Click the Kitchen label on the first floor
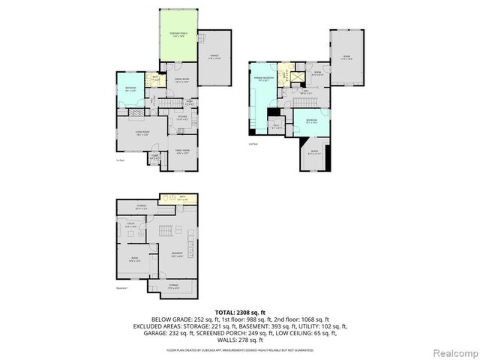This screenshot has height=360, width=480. pyautogui.click(x=181, y=118)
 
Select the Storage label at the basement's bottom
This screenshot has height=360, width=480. pyautogui.click(x=174, y=286)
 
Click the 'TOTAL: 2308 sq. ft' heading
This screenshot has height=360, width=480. pyautogui.click(x=240, y=312)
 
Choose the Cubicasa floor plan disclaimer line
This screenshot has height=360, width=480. pyautogui.click(x=240, y=348)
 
